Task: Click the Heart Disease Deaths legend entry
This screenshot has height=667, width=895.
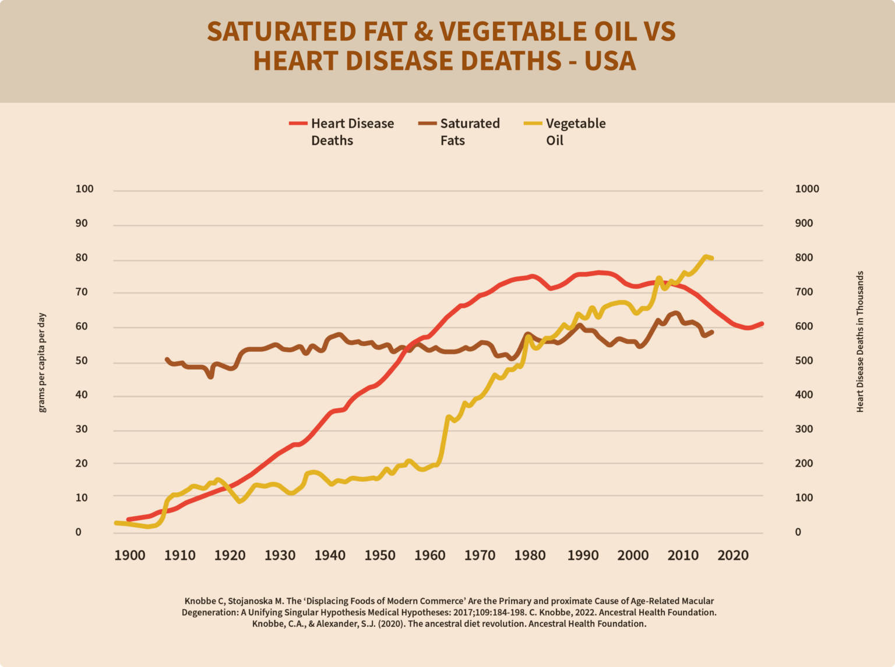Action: (x=342, y=132)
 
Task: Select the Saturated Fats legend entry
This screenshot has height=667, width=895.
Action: (x=460, y=132)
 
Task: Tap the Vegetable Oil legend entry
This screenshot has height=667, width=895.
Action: (x=565, y=132)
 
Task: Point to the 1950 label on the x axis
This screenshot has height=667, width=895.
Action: (x=380, y=555)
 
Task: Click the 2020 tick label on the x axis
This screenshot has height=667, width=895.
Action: (x=732, y=555)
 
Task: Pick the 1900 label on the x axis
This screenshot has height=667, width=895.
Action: (x=129, y=555)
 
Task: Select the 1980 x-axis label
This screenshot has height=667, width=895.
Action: (x=530, y=555)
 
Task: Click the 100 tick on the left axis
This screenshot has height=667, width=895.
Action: (x=84, y=189)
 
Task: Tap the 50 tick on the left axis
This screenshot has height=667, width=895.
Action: (x=82, y=361)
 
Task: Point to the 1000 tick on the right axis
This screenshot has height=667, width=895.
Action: (x=807, y=189)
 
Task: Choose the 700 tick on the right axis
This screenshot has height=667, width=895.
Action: (x=804, y=292)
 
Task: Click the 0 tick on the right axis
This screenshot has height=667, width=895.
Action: (x=798, y=532)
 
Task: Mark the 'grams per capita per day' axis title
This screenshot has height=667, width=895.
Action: (x=42, y=362)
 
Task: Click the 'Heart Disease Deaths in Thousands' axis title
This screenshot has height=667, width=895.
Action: (x=860, y=342)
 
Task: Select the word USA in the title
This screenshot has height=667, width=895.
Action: (x=610, y=61)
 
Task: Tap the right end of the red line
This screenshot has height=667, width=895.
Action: (x=761, y=324)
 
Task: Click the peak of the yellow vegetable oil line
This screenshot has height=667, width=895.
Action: (x=706, y=256)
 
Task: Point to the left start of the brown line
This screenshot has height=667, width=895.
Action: (x=167, y=360)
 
